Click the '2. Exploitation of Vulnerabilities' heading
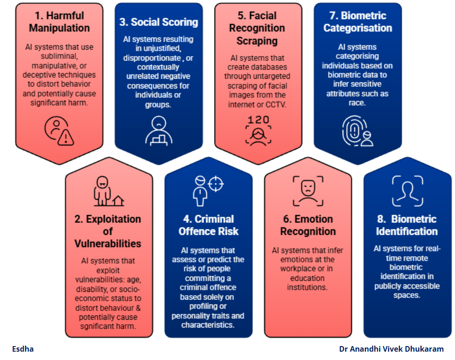108,231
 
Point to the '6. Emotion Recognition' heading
307,225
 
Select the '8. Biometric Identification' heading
406,225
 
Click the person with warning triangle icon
59,130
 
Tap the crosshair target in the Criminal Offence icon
216,183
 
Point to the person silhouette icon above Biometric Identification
407,190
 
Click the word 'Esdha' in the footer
23,349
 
